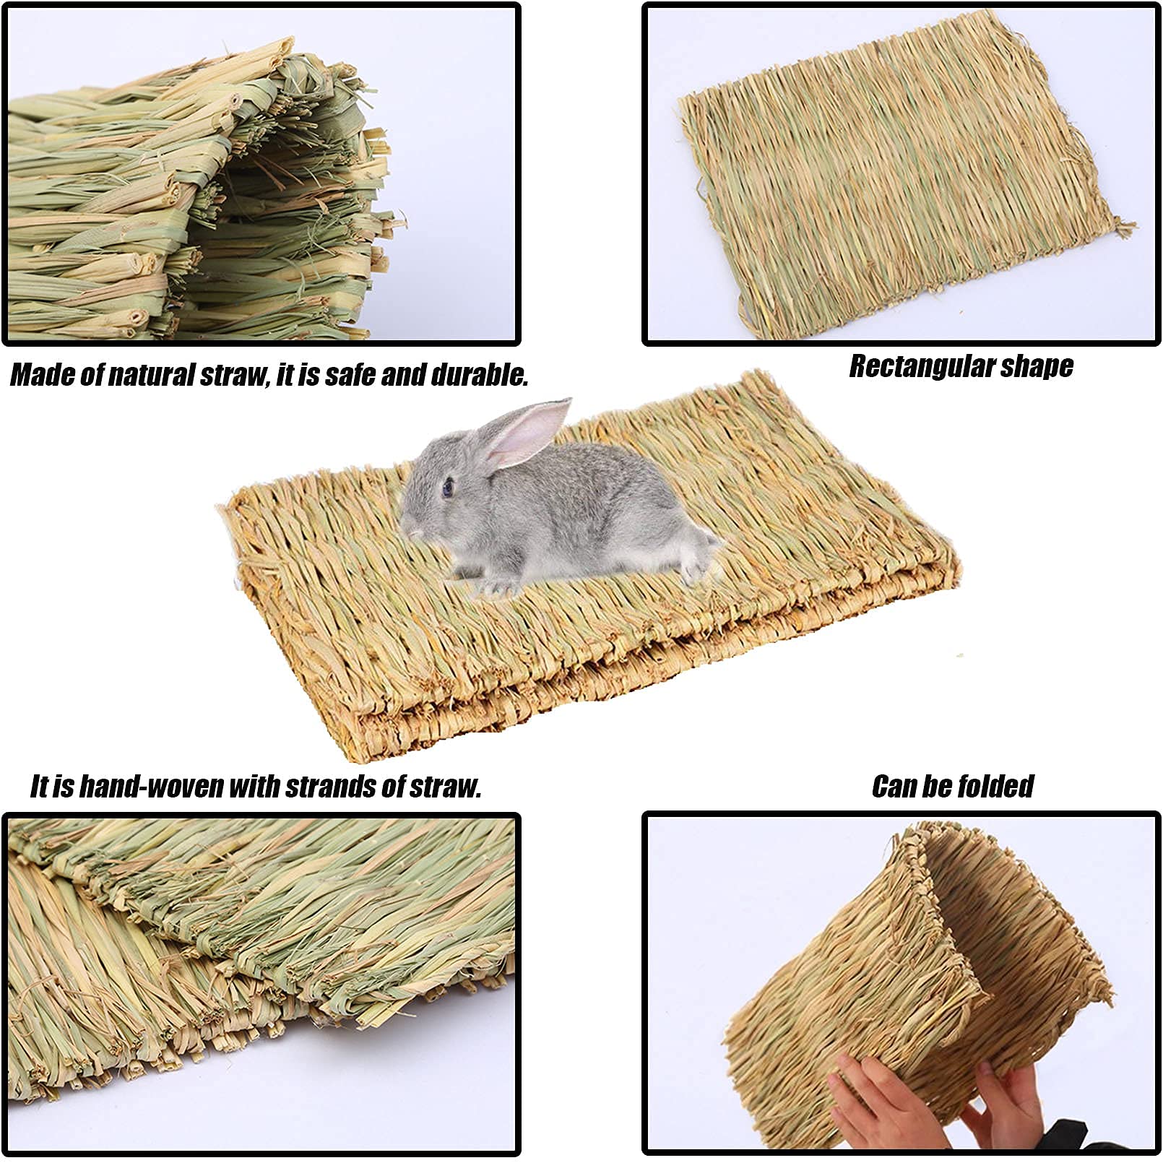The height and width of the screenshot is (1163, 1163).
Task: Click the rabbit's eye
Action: coord(448,488)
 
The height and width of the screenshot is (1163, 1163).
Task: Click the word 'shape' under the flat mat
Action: coord(1038,367)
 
